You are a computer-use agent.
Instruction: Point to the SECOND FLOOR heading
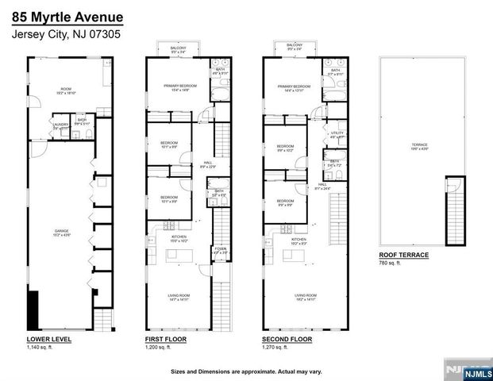[x=287, y=339]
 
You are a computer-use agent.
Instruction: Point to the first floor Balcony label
[x=179, y=48]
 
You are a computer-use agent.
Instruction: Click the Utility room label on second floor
[x=337, y=134]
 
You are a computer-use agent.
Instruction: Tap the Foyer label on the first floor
[x=220, y=250]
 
